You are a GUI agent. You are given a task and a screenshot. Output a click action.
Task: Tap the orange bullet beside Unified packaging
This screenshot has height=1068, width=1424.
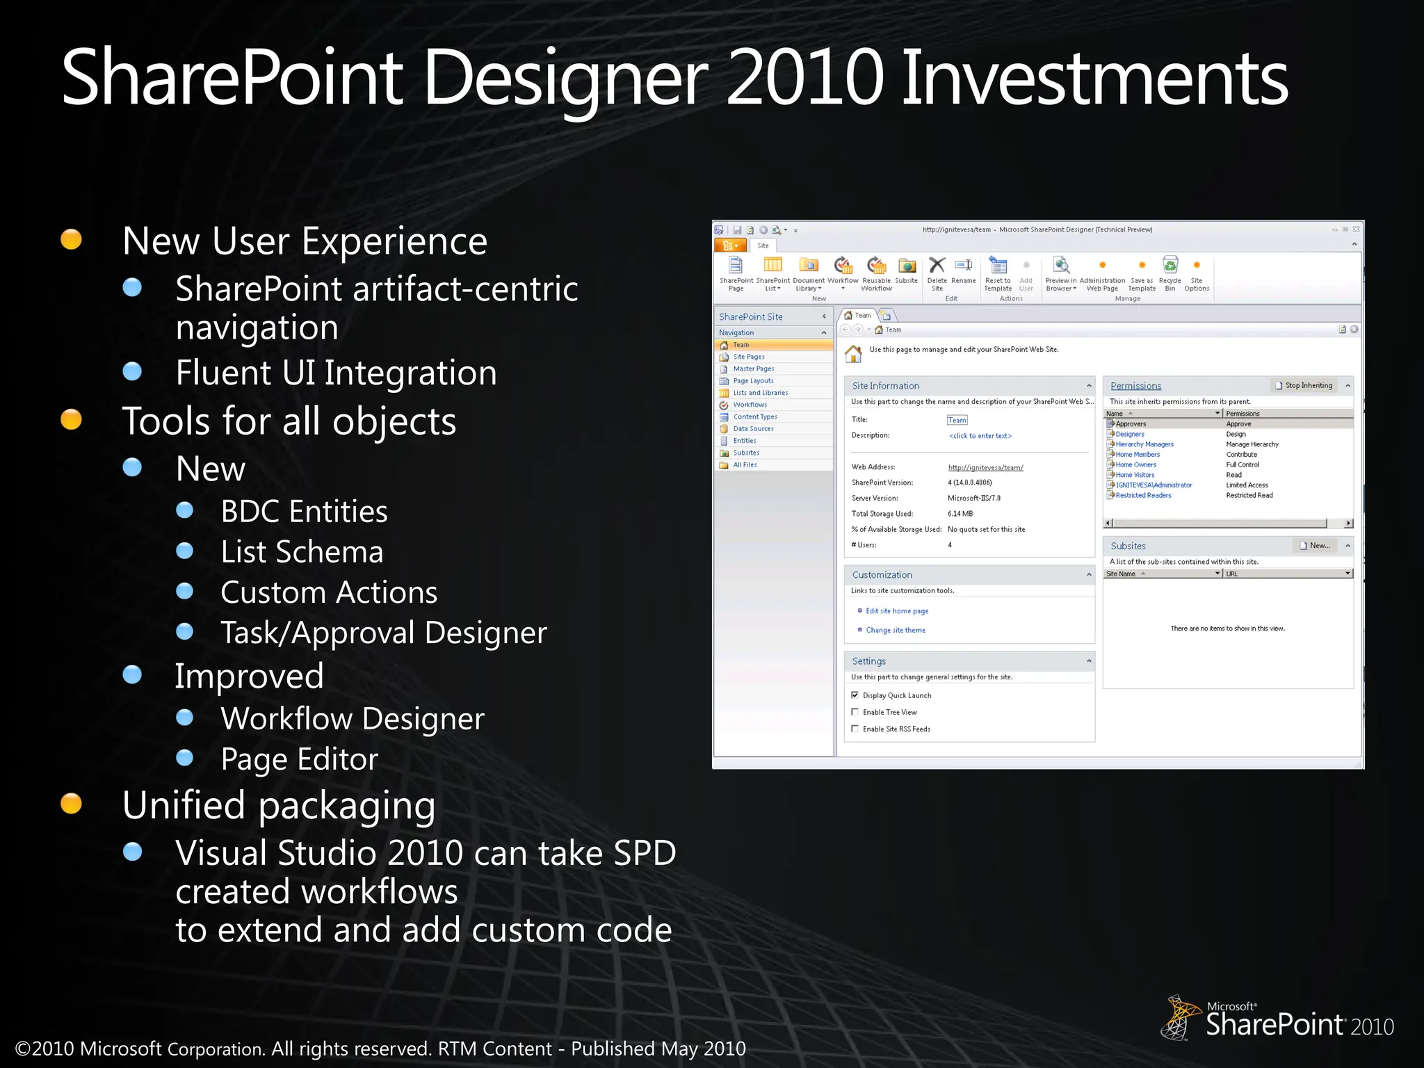click(x=71, y=803)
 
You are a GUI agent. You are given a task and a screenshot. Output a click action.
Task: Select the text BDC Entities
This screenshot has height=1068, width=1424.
click(x=304, y=512)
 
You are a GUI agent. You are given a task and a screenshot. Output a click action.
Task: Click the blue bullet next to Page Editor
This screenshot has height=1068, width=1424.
click(x=185, y=757)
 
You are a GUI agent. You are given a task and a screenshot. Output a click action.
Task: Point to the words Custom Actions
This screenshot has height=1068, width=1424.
click(x=329, y=592)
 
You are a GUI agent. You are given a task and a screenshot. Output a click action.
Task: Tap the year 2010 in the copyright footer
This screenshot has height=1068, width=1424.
click(x=53, y=1049)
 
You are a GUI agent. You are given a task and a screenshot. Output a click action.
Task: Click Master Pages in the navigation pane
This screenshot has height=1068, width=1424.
click(x=753, y=369)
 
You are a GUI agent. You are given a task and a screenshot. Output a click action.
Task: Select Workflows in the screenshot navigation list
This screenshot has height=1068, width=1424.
click(x=750, y=405)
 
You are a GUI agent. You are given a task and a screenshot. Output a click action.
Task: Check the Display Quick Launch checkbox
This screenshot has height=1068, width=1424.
click(x=855, y=695)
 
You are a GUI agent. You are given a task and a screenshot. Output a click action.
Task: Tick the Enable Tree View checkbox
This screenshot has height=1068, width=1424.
click(x=855, y=712)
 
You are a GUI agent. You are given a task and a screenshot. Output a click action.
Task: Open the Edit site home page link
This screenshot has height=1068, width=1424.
click(x=897, y=611)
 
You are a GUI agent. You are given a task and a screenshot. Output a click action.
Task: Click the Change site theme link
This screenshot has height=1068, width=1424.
click(x=896, y=631)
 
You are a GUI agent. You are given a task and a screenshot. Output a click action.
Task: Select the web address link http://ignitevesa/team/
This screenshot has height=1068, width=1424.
click(x=985, y=468)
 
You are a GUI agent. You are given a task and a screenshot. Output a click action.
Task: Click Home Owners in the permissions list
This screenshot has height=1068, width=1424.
click(x=1136, y=465)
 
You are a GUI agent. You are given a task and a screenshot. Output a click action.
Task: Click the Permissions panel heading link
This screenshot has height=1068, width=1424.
click(x=1135, y=387)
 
